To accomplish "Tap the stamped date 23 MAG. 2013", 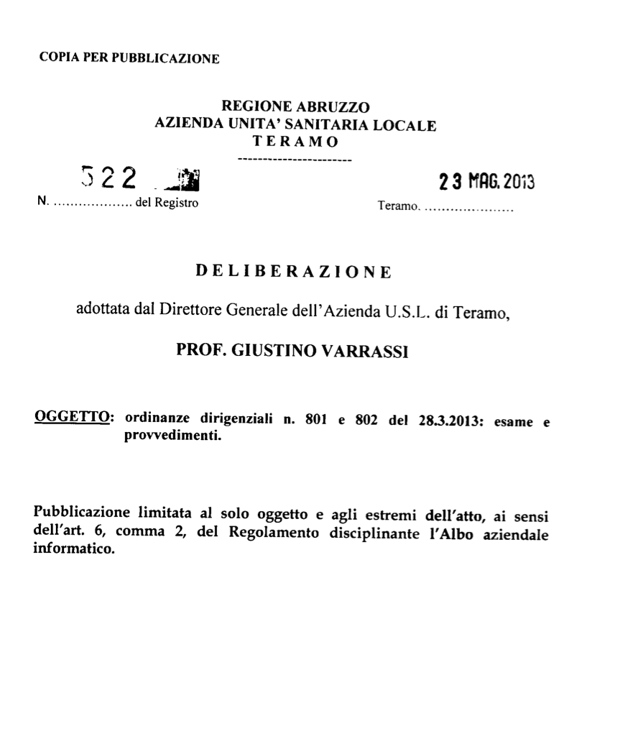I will [x=487, y=182].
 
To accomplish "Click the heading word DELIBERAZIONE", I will [x=294, y=272].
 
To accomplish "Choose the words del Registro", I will [x=166, y=204].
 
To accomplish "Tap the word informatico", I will [x=74, y=552].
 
